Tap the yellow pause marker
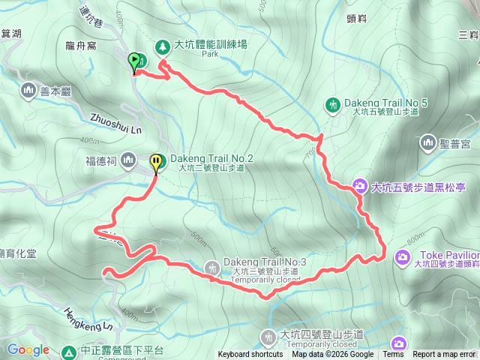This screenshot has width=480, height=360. [x=156, y=162]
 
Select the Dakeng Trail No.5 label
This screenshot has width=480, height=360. [x=385, y=102]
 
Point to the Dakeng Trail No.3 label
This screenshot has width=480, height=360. [x=259, y=261]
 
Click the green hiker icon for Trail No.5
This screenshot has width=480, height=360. [x=333, y=104]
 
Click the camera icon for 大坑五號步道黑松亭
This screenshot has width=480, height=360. [x=360, y=185]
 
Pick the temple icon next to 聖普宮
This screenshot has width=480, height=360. [x=428, y=141]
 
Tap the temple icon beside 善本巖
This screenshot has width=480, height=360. [x=28, y=91]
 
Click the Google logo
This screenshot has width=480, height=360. [x=28, y=349]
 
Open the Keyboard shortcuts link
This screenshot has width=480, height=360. [x=250, y=355]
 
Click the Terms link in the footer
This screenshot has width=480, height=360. [x=393, y=355]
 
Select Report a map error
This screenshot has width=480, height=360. [x=445, y=355]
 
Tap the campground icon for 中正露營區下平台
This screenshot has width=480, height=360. [x=69, y=351]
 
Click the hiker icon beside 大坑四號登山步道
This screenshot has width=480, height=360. [x=268, y=335]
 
